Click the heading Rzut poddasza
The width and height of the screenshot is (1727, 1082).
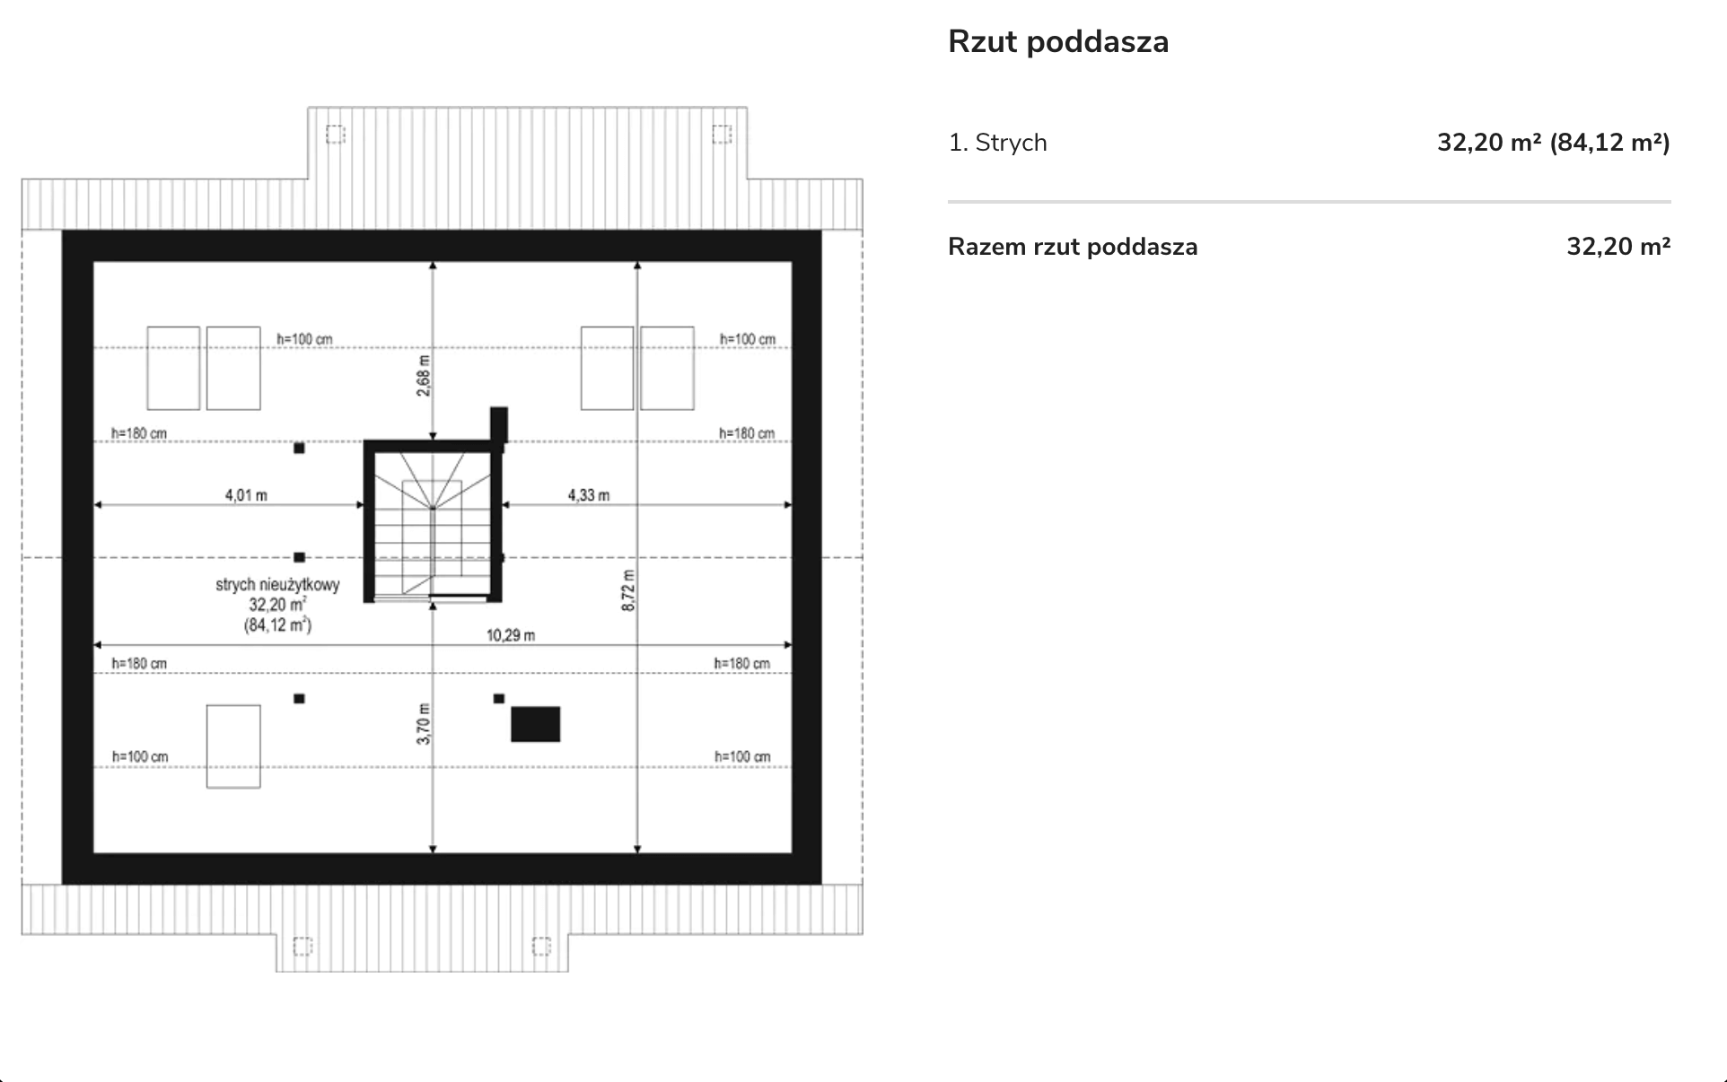[1058, 42]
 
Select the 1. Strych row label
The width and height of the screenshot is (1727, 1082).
[997, 143]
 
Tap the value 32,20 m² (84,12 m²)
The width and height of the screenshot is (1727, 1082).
[1553, 143]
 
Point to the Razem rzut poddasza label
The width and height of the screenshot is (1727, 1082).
[1073, 247]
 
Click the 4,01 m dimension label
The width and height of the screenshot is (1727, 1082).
[246, 495]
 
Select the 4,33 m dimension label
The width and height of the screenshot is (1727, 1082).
[589, 495]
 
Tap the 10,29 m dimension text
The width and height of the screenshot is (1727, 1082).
[511, 635]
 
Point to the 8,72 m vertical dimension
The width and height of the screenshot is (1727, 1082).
[628, 590]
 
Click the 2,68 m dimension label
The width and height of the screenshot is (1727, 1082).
[424, 375]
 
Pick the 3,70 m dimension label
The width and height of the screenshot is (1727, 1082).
[424, 723]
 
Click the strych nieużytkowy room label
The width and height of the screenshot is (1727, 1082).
[277, 585]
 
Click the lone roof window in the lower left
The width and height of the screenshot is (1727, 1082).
[233, 746]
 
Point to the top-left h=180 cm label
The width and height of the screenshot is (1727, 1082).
[139, 433]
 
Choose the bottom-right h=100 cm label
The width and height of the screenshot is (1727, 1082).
[742, 756]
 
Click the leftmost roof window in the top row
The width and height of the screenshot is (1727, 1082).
[173, 368]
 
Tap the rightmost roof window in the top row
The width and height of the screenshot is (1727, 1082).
[667, 368]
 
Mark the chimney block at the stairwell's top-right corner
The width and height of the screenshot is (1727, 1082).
[499, 424]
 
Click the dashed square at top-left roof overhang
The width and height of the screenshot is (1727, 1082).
[335, 135]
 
